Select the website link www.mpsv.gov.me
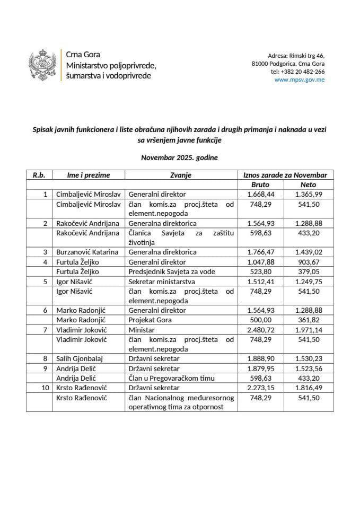click(300, 80)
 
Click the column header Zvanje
click(180, 175)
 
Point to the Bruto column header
click(260, 185)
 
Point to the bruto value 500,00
click(260, 320)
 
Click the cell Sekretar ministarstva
click(160, 281)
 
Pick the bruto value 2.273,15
click(260, 388)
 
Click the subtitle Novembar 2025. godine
click(179, 157)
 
